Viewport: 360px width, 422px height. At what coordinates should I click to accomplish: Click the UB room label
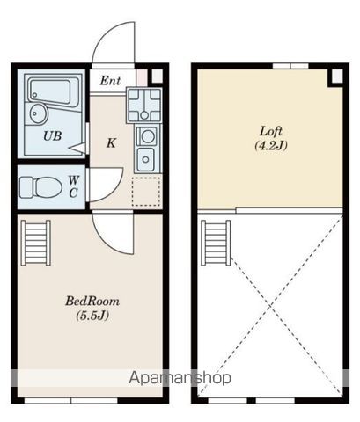53,136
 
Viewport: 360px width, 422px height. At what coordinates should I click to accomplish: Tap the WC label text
73,186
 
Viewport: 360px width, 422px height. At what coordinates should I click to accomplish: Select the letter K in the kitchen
111,143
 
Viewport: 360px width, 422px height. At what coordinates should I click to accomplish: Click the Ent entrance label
110,81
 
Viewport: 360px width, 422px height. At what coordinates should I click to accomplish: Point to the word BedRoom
92,301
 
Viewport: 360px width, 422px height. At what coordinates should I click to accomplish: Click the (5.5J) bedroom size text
92,316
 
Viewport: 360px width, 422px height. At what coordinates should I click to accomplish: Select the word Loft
271,131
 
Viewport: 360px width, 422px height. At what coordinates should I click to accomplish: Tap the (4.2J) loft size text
271,145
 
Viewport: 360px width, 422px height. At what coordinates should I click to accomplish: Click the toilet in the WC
40,187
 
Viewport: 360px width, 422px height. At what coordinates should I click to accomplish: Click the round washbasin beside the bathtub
39,113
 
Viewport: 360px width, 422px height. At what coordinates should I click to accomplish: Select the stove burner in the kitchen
147,136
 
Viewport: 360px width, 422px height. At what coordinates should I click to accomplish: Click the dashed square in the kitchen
146,192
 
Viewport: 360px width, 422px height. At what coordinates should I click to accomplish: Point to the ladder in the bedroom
36,243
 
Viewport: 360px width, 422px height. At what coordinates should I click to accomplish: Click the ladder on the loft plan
216,243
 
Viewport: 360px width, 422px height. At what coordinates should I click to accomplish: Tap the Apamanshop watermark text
180,377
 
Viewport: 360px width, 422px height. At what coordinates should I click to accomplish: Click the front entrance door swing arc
99,38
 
